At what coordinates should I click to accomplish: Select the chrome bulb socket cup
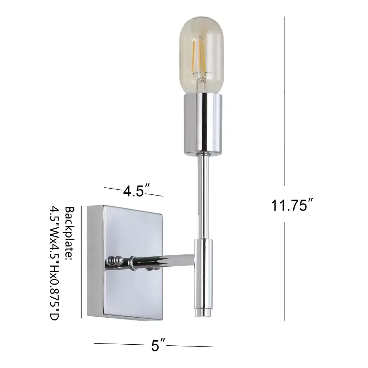[x=203, y=124]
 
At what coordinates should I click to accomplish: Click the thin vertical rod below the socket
[x=203, y=198]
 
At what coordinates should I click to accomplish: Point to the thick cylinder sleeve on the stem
[x=203, y=273]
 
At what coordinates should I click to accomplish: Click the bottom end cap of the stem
[x=203, y=313]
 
